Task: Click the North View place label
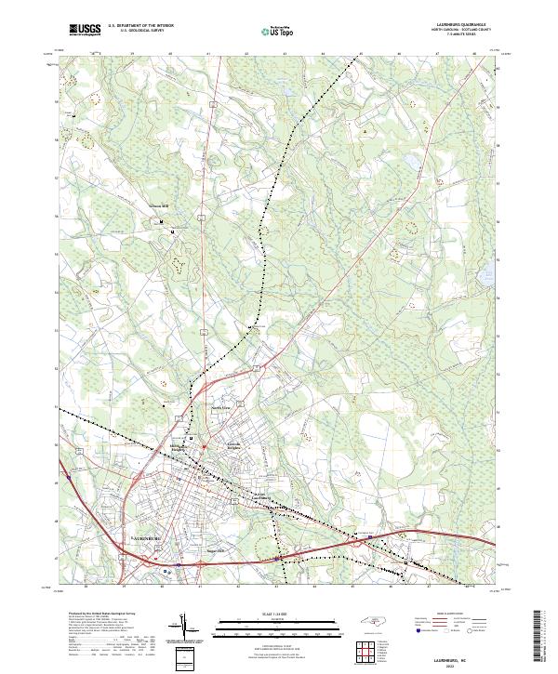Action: [x=218, y=408]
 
